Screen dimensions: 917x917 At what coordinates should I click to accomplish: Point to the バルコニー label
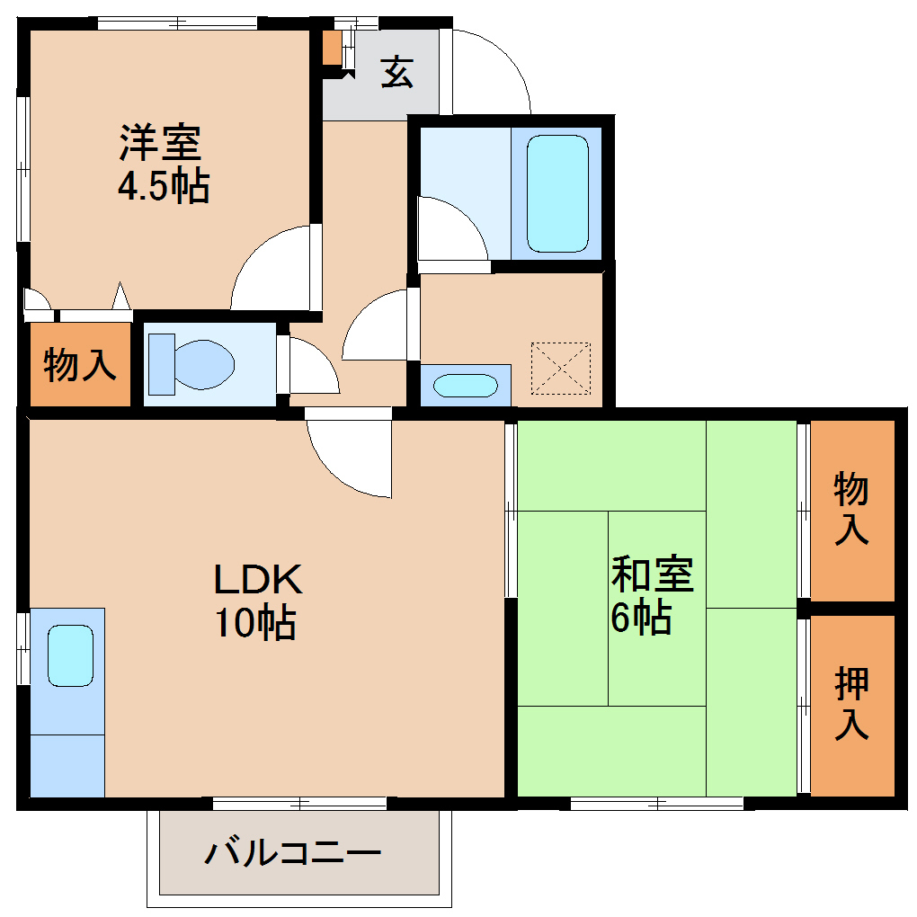click(293, 851)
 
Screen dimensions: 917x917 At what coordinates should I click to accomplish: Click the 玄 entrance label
click(396, 72)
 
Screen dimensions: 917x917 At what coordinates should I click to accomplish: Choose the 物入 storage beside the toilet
click(81, 365)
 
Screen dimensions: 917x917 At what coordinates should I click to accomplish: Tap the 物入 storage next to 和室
click(851, 508)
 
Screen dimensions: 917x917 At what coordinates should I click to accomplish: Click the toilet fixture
click(191, 363)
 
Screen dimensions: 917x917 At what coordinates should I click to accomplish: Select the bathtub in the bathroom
click(557, 192)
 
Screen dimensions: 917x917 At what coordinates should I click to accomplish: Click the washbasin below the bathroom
click(465, 386)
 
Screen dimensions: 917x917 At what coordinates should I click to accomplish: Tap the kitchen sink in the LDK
click(70, 655)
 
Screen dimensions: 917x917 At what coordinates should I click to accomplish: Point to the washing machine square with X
click(561, 368)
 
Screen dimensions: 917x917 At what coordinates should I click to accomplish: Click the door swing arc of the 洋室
click(270, 266)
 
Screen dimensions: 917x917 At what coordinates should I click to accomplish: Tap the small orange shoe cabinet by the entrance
click(332, 48)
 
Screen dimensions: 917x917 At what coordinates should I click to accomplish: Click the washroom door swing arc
click(376, 325)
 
